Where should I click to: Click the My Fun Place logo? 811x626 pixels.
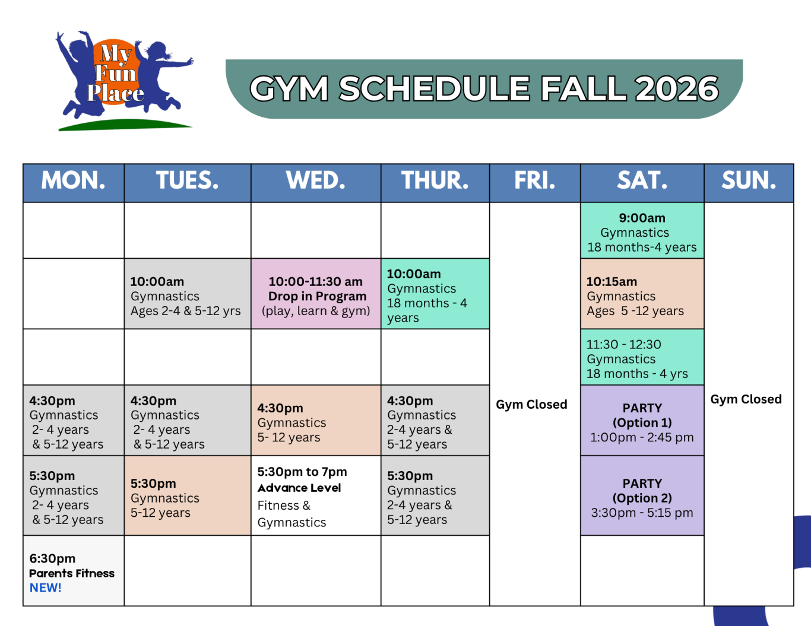pyautogui.click(x=125, y=81)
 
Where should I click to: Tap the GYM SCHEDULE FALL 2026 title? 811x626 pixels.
pyautogui.click(x=484, y=89)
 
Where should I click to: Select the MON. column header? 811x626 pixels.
pyautogui.click(x=74, y=183)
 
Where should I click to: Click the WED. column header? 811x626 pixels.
pyautogui.click(x=316, y=183)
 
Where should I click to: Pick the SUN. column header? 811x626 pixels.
pyautogui.click(x=749, y=183)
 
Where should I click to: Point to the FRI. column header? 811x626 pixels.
pyautogui.click(x=535, y=183)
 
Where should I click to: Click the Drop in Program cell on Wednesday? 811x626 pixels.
pyautogui.click(x=316, y=294)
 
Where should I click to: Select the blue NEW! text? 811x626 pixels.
pyautogui.click(x=45, y=587)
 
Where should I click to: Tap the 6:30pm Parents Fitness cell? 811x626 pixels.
pyautogui.click(x=74, y=570)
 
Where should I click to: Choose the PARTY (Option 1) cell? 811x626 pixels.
pyautogui.click(x=642, y=420)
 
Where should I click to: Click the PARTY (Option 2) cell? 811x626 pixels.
pyautogui.click(x=642, y=495)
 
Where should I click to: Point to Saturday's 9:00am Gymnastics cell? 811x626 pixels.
pyautogui.click(x=642, y=230)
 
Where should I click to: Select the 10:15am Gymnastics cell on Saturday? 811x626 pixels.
pyautogui.click(x=642, y=294)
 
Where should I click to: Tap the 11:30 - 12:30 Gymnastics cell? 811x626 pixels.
pyautogui.click(x=642, y=357)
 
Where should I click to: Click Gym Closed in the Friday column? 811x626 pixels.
pyautogui.click(x=531, y=404)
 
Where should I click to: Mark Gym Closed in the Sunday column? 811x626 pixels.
pyautogui.click(x=746, y=399)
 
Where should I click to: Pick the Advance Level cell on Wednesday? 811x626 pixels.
pyautogui.click(x=316, y=495)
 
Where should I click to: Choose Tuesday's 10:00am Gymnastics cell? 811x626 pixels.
pyautogui.click(x=188, y=294)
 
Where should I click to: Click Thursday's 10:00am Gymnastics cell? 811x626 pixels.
pyautogui.click(x=435, y=294)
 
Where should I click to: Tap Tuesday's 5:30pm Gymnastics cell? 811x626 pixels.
pyautogui.click(x=188, y=495)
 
